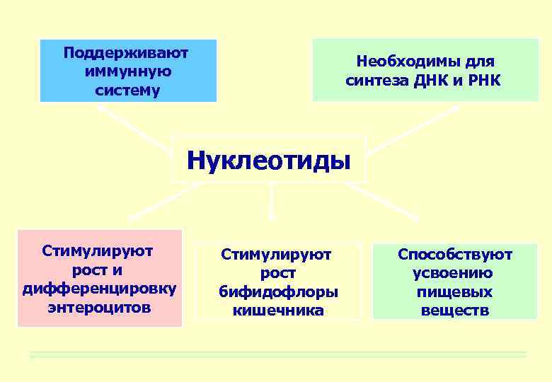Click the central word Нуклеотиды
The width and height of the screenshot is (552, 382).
point(269,160)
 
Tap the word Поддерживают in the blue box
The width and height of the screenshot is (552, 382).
point(128,53)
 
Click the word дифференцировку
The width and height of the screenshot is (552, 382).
point(100,289)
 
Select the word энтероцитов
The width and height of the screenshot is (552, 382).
point(99,307)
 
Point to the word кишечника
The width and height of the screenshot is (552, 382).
point(278,311)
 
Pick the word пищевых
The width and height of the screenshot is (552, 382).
point(455,291)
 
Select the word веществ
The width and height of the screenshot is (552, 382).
point(454,311)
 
